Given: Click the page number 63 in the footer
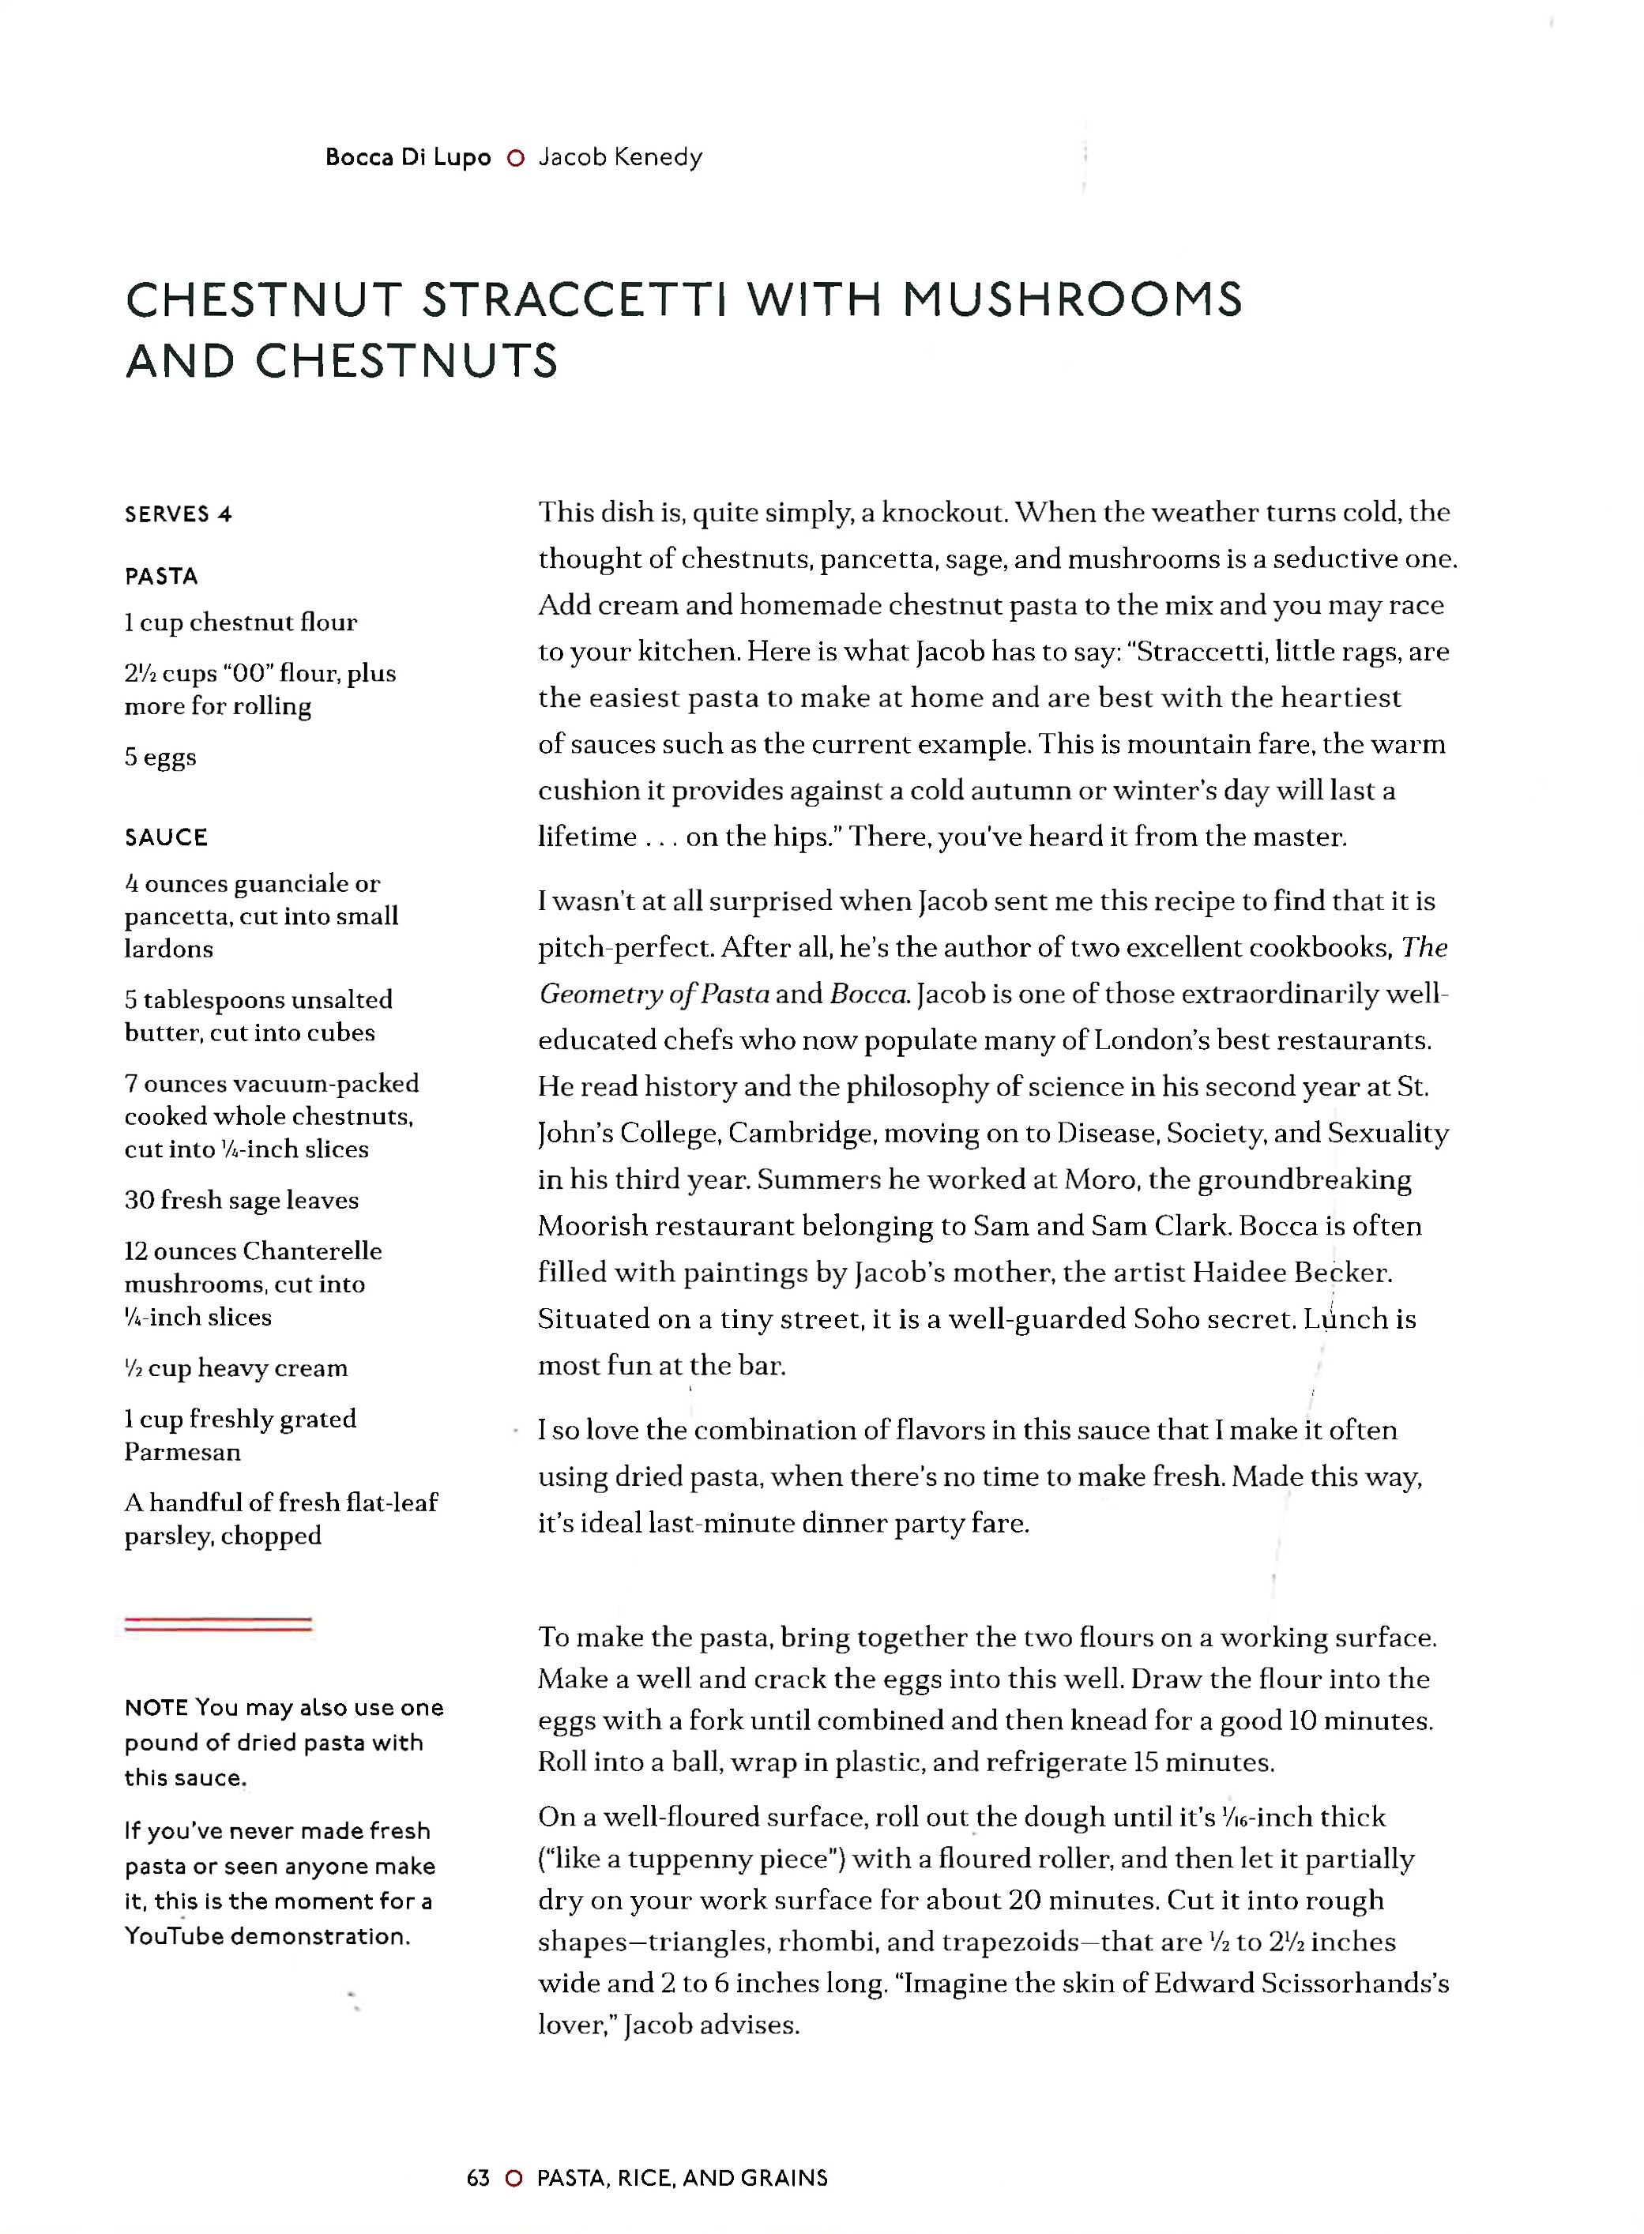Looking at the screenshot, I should coord(478,2178).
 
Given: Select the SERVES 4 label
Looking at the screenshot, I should coord(178,514).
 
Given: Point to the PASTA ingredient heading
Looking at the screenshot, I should coord(161,576).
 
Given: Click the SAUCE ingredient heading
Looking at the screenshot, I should coord(166,838).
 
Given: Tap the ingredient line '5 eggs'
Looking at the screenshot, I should coord(160,758).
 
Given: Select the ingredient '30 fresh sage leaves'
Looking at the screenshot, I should coord(241,1200).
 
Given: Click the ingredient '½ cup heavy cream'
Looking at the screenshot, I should coord(236,1368).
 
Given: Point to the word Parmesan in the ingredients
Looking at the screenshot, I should coord(182,1452).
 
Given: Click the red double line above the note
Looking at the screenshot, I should coord(218,1624).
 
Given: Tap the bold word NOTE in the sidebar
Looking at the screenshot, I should coord(156,1708).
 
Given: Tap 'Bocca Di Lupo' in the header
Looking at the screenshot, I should coord(408,157).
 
